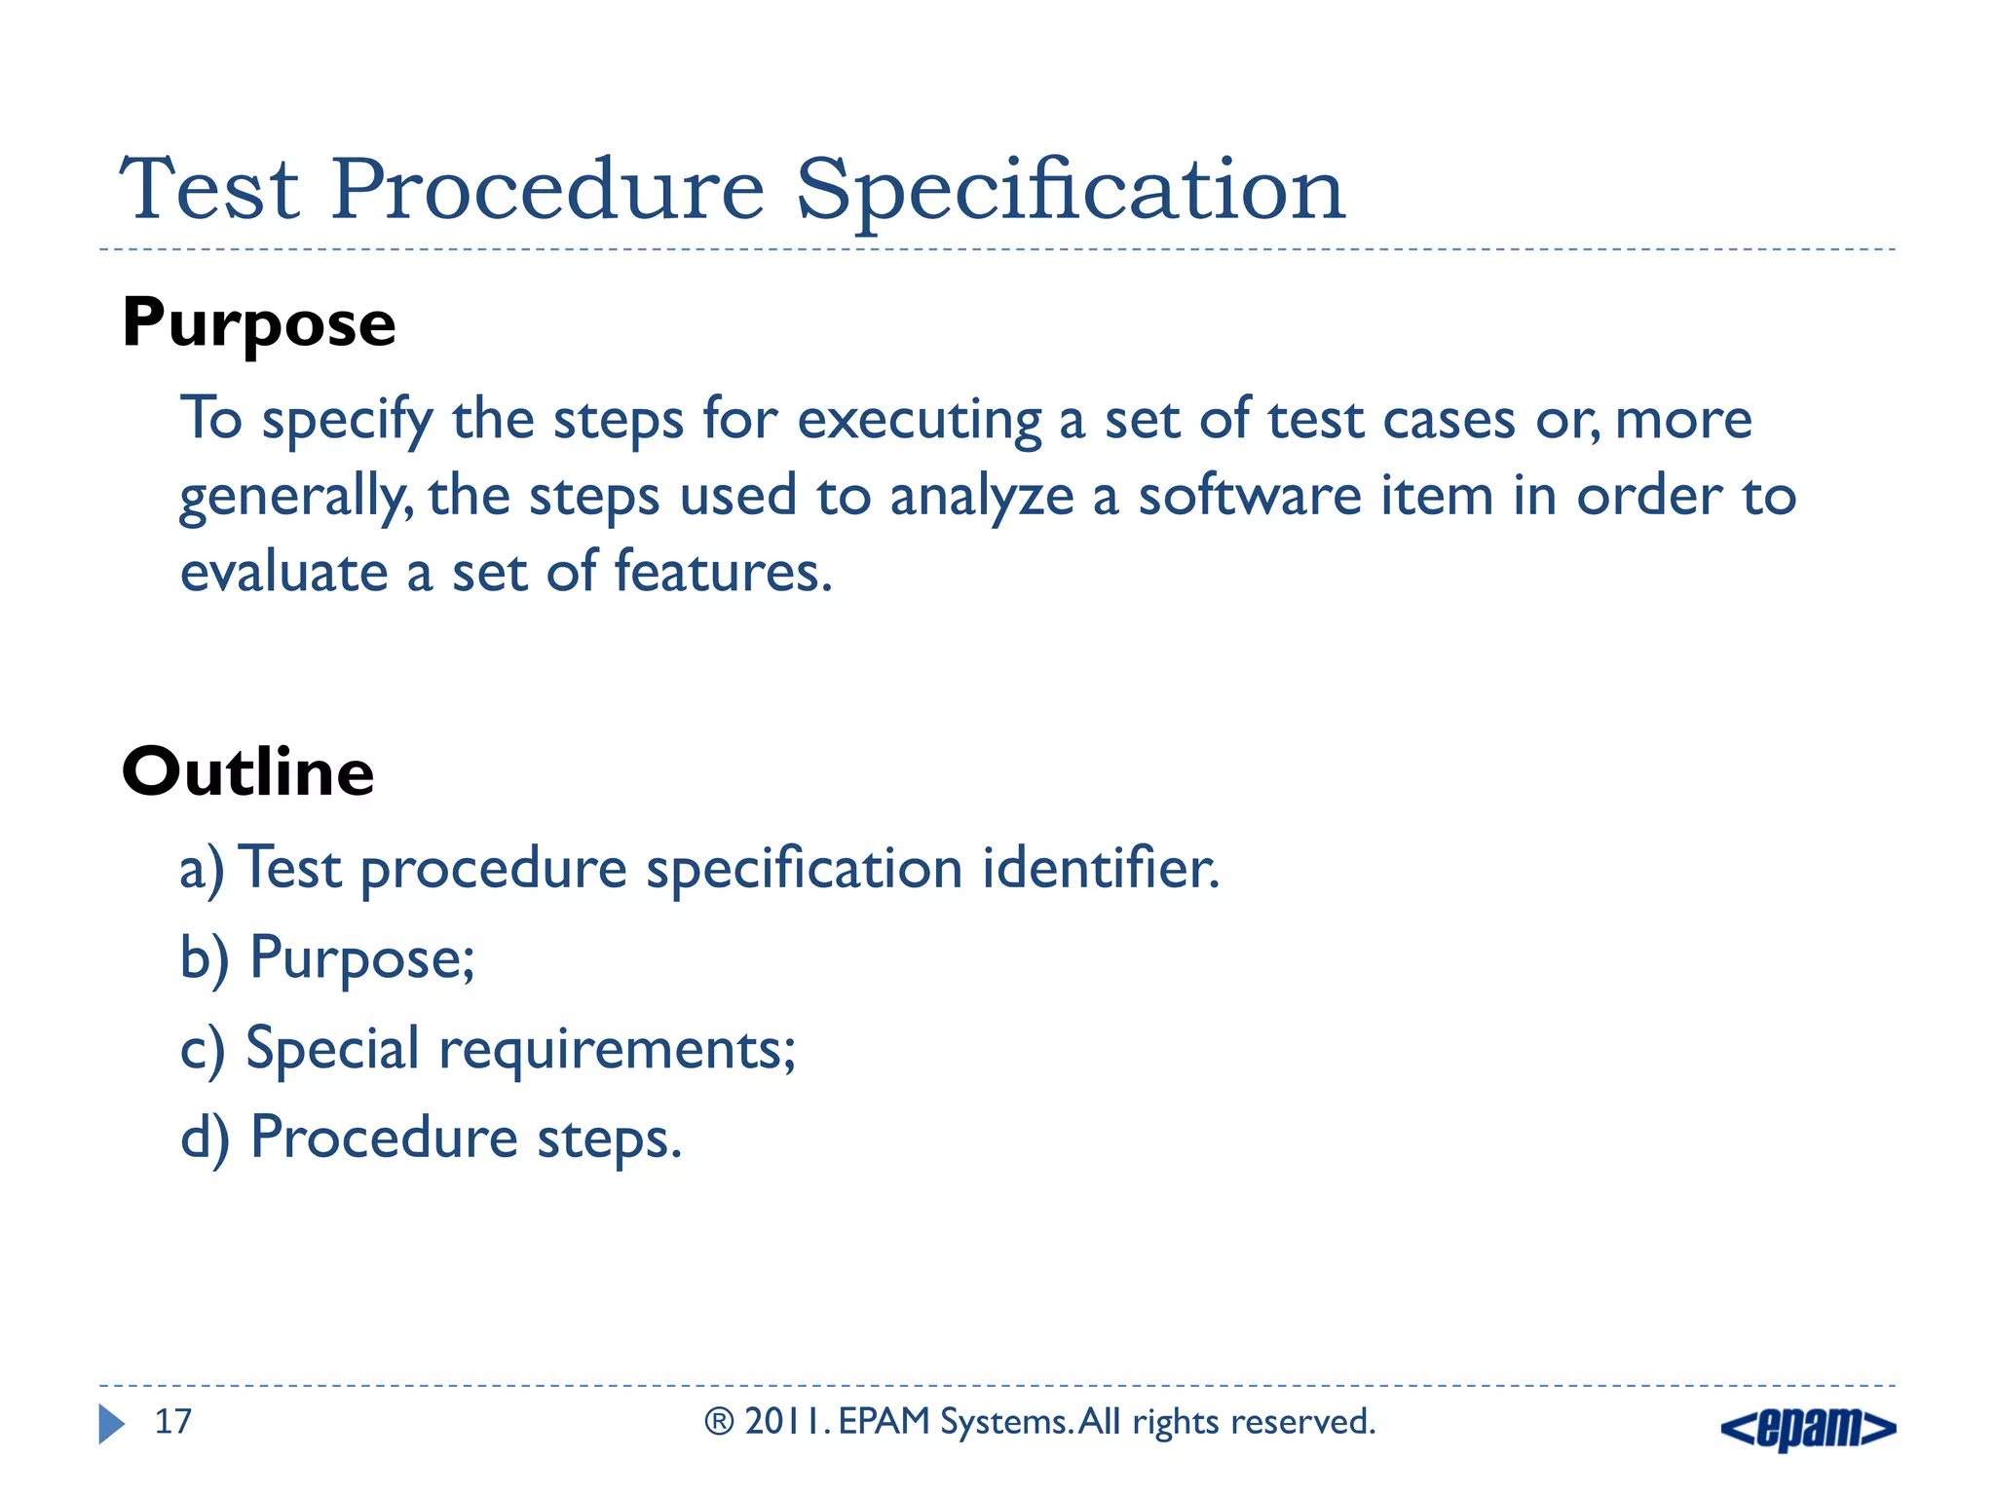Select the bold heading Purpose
tap(258, 324)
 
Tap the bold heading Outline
tap(247, 772)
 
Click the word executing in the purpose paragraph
tap(920, 421)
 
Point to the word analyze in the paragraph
tap(981, 497)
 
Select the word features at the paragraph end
tap(722, 572)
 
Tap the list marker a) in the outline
tap(202, 869)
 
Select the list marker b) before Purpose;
tap(205, 958)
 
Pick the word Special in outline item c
tap(332, 1050)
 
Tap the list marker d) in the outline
tap(205, 1139)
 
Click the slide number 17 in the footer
tap(173, 1422)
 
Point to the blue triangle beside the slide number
tap(111, 1424)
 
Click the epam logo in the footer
tap(1808, 1428)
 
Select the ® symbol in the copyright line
tap(719, 1422)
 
